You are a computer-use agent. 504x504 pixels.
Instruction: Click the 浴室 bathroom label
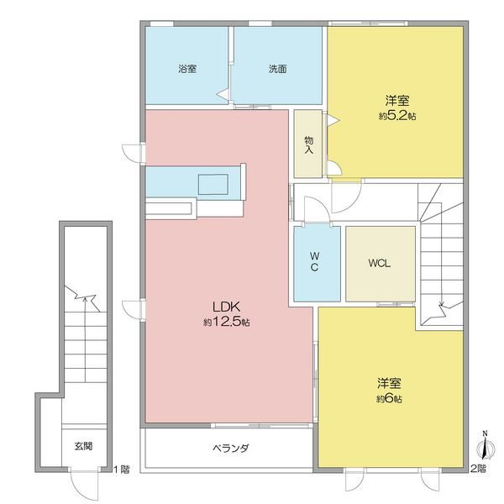[186, 69]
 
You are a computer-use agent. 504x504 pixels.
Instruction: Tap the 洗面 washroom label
[277, 69]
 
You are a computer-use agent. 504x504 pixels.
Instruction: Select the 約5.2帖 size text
[396, 116]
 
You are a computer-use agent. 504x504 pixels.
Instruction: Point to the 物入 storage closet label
[308, 144]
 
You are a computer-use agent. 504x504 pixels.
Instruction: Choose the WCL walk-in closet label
[380, 262]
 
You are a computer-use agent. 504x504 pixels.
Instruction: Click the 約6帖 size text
[389, 399]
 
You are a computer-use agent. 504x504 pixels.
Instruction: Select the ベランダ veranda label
[229, 449]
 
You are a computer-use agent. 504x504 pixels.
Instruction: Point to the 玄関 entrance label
[82, 445]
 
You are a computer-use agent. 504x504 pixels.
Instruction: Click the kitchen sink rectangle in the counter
[213, 183]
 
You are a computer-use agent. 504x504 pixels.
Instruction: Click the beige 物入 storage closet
[308, 144]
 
